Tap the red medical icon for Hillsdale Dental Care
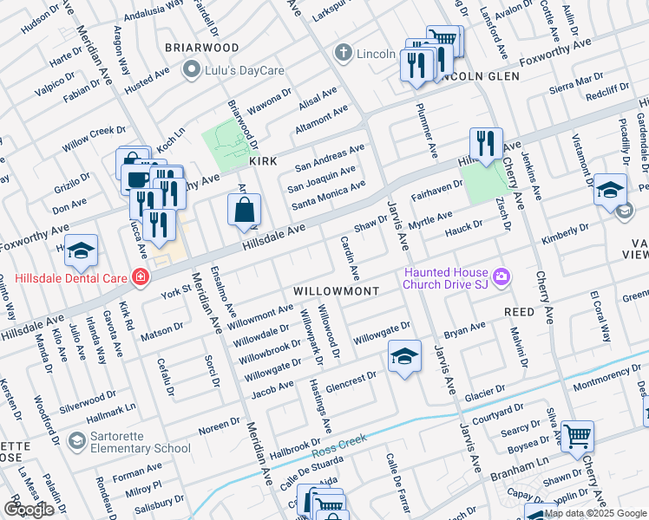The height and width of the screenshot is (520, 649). click(x=140, y=278)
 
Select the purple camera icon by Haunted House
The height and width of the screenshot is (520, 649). click(x=501, y=277)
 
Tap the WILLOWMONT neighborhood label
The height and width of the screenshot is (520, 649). click(x=336, y=291)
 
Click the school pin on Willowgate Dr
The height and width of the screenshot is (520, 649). click(x=404, y=356)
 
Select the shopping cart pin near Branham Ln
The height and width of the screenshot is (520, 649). click(x=576, y=436)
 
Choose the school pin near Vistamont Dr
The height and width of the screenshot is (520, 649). click(x=610, y=189)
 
